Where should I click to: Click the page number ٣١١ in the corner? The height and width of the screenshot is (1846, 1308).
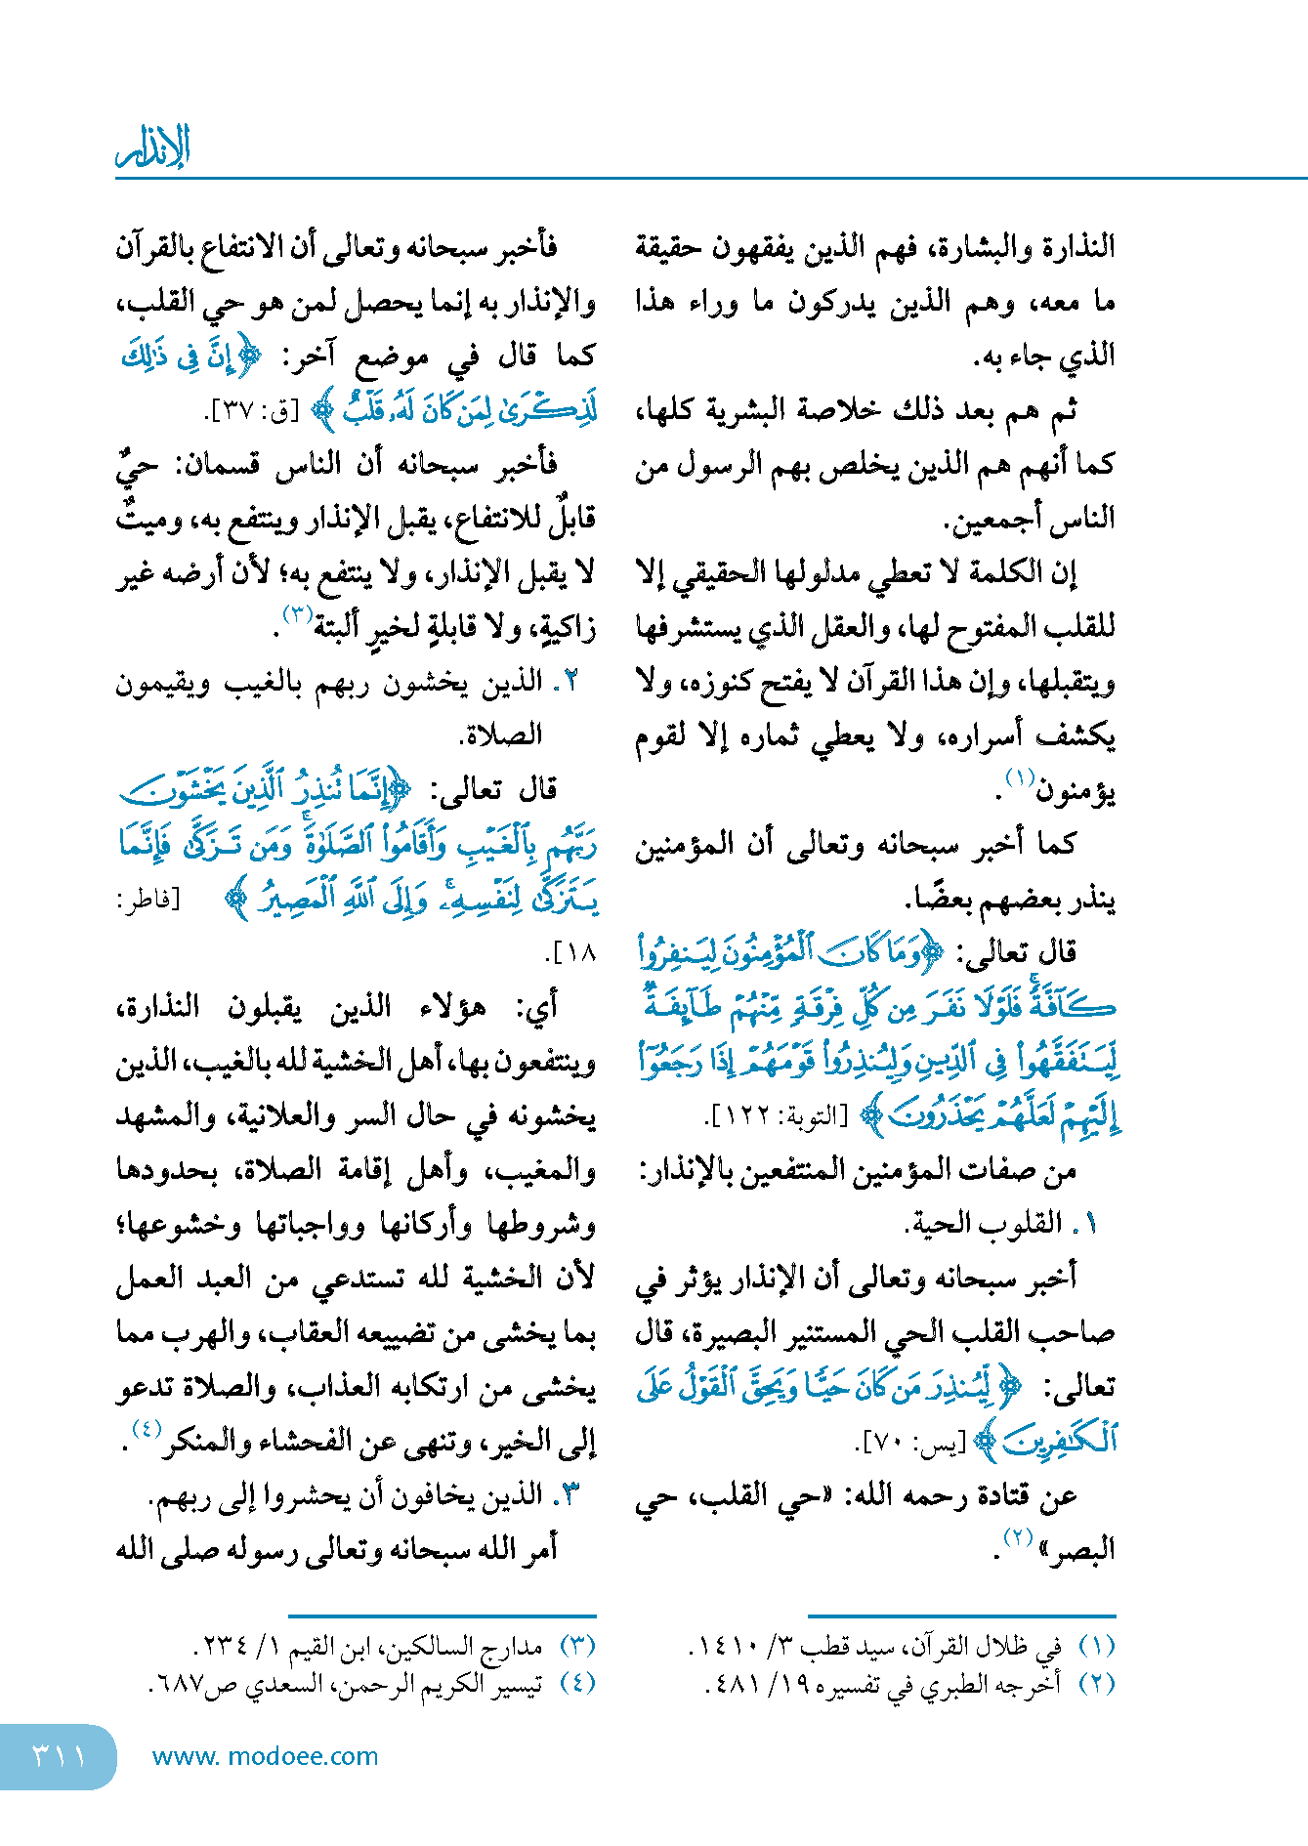pyautogui.click(x=59, y=1756)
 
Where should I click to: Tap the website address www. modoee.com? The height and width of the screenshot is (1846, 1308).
pyautogui.click(x=265, y=1756)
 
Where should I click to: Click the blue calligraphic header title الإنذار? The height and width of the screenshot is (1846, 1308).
pyautogui.click(x=153, y=148)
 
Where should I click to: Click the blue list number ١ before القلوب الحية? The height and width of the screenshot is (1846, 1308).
pyautogui.click(x=1089, y=1223)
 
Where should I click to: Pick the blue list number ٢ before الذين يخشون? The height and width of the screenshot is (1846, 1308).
pyautogui.click(x=572, y=681)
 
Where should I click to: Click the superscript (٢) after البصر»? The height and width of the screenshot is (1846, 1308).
pyautogui.click(x=1018, y=1536)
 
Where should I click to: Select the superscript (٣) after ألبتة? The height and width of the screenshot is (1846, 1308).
pyautogui.click(x=296, y=613)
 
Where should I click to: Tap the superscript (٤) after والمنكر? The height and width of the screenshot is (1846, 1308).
pyautogui.click(x=146, y=1429)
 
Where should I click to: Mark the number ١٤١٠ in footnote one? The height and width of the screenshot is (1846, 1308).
pyautogui.click(x=723, y=1648)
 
